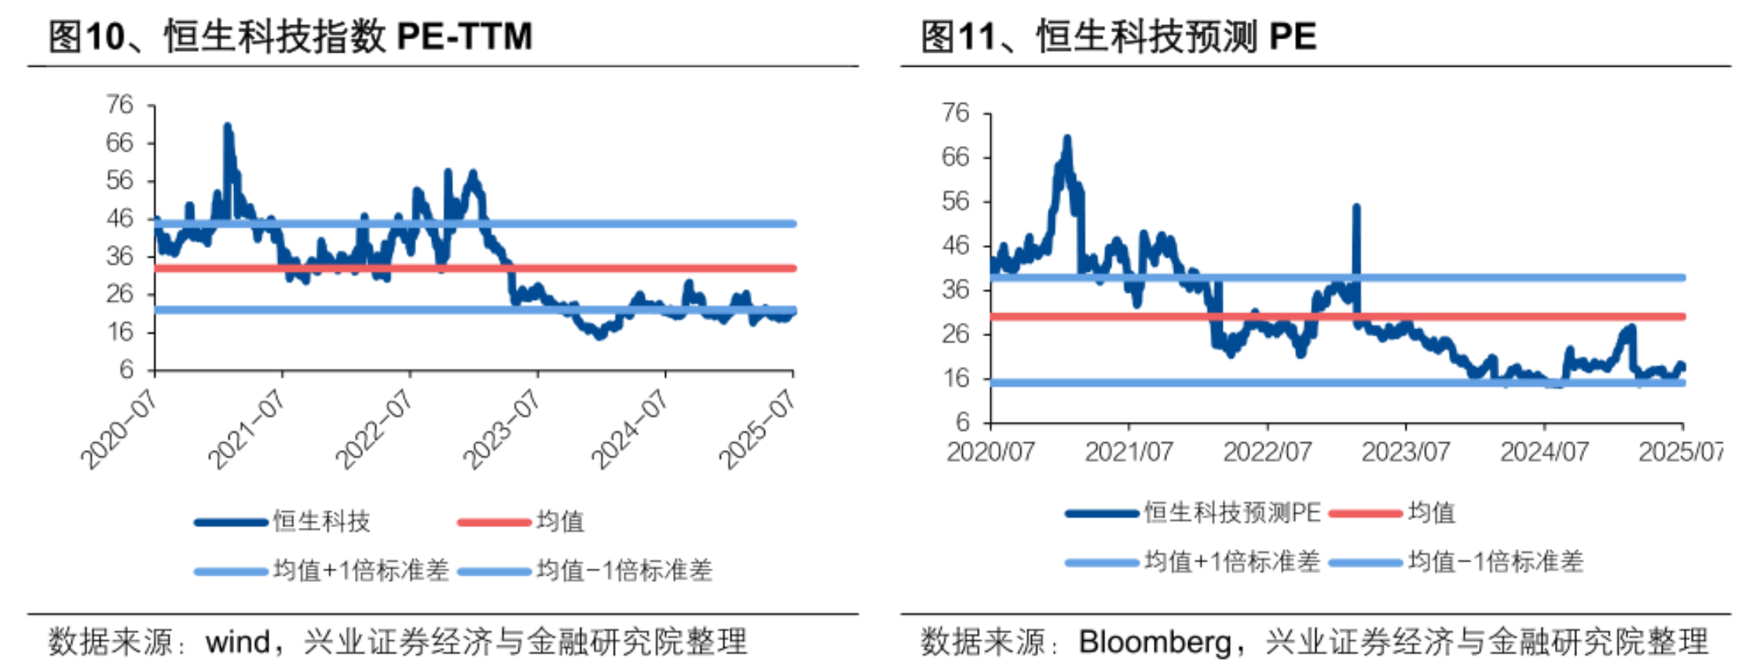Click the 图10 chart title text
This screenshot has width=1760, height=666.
(x=291, y=36)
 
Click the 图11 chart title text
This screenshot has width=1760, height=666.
(x=1118, y=36)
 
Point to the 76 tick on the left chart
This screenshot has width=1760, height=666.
(x=120, y=104)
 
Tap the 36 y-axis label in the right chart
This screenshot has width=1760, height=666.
(x=956, y=290)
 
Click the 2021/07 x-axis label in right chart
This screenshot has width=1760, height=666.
(x=1129, y=452)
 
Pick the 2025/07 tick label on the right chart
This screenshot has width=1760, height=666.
(x=1680, y=452)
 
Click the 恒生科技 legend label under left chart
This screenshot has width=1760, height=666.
(x=321, y=521)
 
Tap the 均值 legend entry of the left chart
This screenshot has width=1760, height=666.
(x=560, y=521)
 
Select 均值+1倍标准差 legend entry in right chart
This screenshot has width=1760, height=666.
(x=1232, y=562)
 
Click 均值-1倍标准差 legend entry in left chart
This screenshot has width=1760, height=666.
(x=624, y=570)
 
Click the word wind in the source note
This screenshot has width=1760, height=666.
(x=238, y=642)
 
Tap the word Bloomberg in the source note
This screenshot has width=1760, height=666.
(x=1154, y=642)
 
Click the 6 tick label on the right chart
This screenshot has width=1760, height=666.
(x=963, y=423)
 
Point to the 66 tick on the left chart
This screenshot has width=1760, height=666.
(x=120, y=143)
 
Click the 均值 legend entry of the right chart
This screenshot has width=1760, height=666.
(x=1432, y=513)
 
